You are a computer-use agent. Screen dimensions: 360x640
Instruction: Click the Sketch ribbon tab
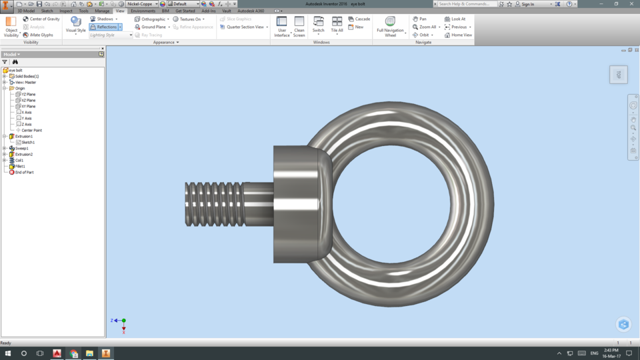[x=47, y=11]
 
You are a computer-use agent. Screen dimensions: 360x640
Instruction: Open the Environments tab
[x=143, y=11]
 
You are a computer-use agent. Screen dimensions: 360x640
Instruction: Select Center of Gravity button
[x=41, y=19]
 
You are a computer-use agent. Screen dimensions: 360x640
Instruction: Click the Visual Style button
[x=76, y=25]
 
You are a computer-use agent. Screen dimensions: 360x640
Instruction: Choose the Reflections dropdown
[x=106, y=27]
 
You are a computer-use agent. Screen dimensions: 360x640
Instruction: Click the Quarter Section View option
[x=245, y=27]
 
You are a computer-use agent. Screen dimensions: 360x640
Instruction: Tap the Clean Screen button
[x=299, y=26]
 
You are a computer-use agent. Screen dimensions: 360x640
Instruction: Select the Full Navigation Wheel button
[x=390, y=26]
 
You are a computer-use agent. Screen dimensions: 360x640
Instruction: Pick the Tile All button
[x=337, y=26]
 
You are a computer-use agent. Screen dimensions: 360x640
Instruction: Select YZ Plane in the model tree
[x=29, y=95]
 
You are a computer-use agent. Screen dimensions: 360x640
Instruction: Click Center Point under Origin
[x=31, y=130]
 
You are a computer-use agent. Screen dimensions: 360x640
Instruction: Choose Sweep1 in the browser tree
[x=22, y=148]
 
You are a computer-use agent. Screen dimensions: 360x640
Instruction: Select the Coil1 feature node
[x=19, y=160]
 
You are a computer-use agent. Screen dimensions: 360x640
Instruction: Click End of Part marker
[x=24, y=172]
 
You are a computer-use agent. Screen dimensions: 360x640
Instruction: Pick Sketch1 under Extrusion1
[x=27, y=142]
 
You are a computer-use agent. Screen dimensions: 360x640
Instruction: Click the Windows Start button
[x=8, y=353]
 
